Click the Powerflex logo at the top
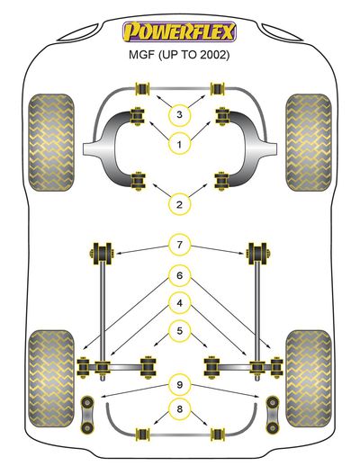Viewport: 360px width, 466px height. point(179,31)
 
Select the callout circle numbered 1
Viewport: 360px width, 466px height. point(179,145)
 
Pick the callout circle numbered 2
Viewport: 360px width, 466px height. point(179,205)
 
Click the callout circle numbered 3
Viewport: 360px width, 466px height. point(179,114)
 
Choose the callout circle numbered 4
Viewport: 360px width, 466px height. point(179,303)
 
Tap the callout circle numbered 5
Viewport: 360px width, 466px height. point(179,331)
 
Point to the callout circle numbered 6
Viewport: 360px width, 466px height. point(179,275)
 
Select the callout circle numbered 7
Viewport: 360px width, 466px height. point(179,245)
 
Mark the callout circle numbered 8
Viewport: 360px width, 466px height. point(179,408)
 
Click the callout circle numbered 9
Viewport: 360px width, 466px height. point(179,384)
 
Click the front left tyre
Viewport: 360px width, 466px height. point(51,143)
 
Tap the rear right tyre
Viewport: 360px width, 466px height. point(309,379)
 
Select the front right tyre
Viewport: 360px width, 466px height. point(309,143)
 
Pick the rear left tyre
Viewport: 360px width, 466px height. point(51,379)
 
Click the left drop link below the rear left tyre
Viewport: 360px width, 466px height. point(87,415)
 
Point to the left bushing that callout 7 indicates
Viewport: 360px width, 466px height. point(101,254)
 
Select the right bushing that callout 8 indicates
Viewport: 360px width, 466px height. point(218,435)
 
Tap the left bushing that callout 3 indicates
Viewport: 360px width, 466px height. point(143,88)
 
